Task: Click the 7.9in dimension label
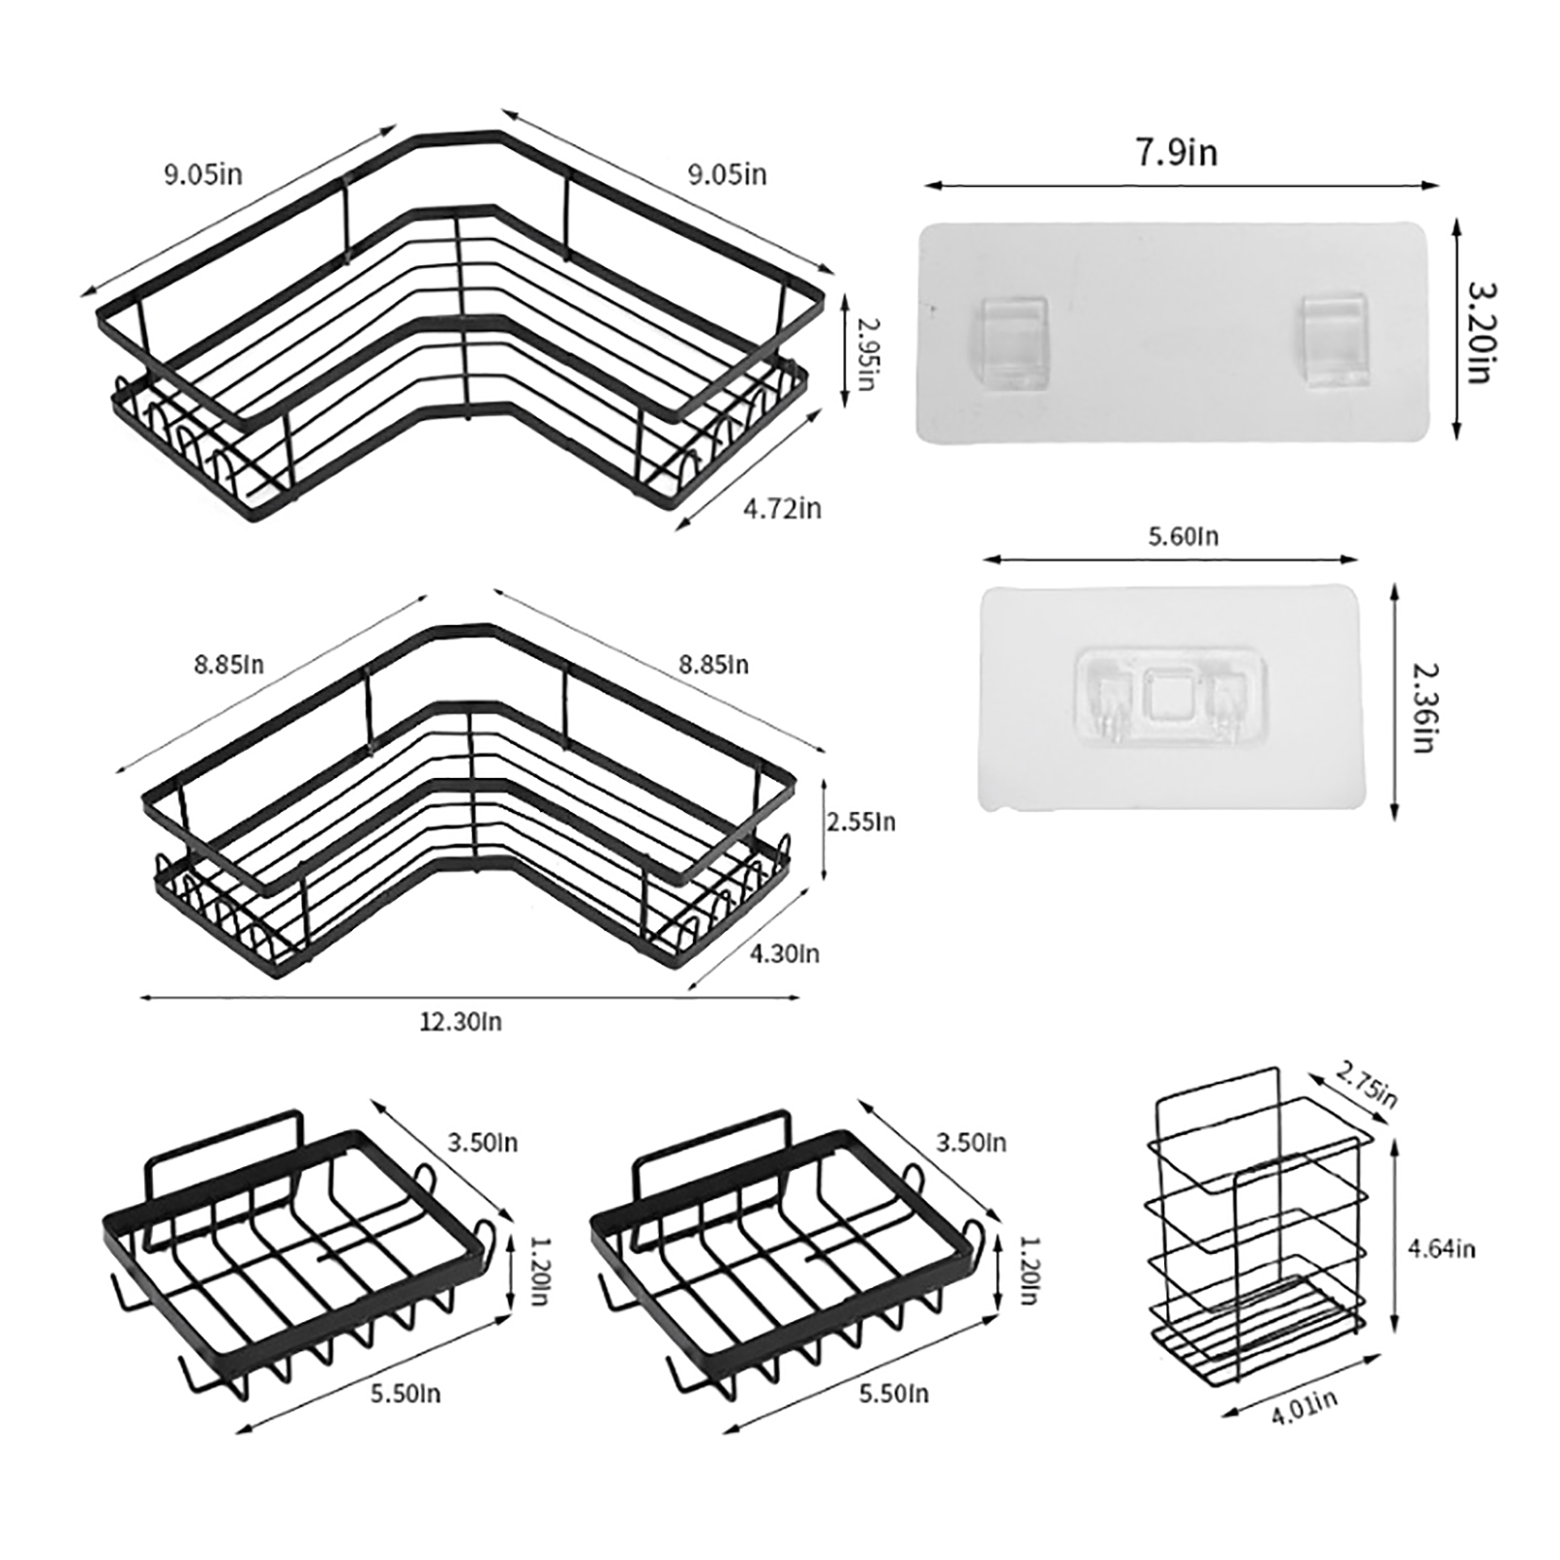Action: point(1177,152)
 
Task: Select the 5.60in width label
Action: point(1183,536)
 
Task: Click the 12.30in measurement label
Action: point(461,1022)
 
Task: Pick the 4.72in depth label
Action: point(782,508)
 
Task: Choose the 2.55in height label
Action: point(861,822)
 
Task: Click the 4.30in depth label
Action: point(785,953)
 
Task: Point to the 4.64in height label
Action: point(1440,1248)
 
